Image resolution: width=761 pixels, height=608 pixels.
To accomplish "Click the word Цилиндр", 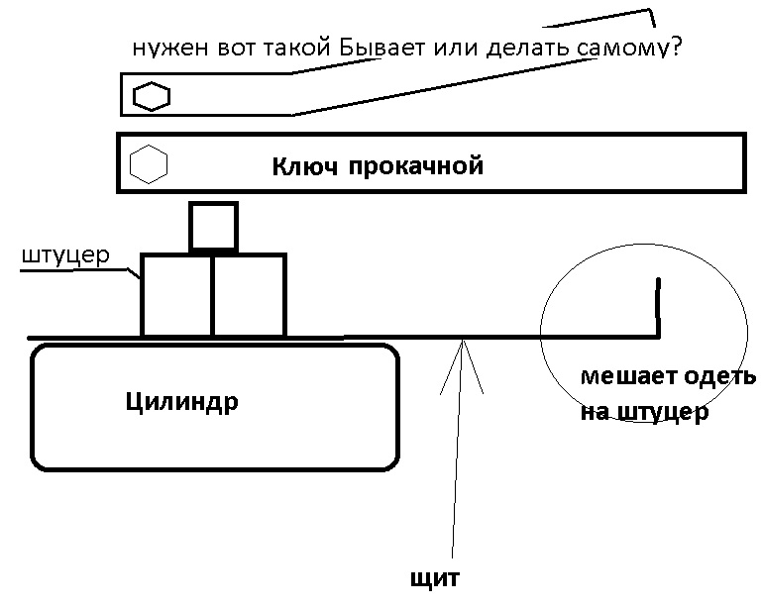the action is [x=182, y=402].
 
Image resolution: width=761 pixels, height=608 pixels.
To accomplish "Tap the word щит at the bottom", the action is [x=435, y=578].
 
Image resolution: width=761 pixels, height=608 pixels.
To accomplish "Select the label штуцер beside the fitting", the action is [x=66, y=255].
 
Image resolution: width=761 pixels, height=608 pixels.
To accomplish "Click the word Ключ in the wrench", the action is [x=304, y=166].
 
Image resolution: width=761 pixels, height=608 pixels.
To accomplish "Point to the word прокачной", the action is [x=416, y=166].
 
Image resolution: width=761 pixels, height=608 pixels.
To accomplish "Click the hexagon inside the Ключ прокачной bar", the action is [x=149, y=164].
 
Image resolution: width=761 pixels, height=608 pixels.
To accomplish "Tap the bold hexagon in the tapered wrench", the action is [x=152, y=96].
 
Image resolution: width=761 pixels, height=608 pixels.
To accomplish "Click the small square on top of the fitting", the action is [x=214, y=227].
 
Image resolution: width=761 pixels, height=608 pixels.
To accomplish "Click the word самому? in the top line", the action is [x=630, y=48].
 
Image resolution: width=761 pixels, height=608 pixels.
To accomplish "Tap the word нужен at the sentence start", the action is [x=170, y=49].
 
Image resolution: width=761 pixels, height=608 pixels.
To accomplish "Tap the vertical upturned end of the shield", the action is [x=658, y=307].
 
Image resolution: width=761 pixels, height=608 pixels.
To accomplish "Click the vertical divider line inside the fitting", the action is [x=213, y=295].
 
